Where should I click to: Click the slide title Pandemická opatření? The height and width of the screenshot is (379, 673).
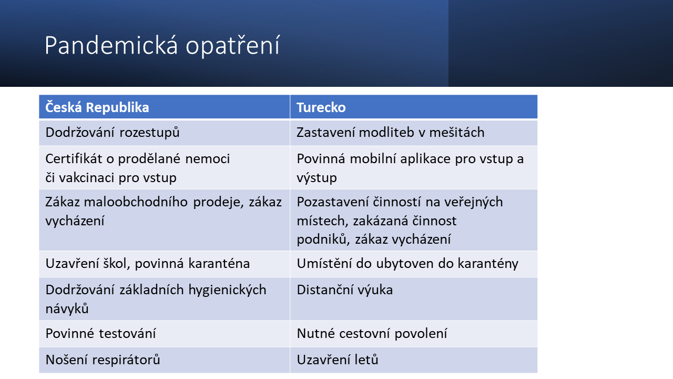pyautogui.click(x=162, y=46)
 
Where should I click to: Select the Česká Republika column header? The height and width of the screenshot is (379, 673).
pyautogui.click(x=97, y=107)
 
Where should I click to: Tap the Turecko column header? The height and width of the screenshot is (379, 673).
pyautogui.click(x=321, y=107)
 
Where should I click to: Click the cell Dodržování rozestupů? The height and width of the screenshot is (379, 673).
pyautogui.click(x=113, y=133)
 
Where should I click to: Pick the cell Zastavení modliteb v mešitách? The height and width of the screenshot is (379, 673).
pyautogui.click(x=390, y=133)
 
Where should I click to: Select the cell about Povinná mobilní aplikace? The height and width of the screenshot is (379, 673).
pyautogui.click(x=410, y=168)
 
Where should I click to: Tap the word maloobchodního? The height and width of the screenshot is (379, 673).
pyautogui.click(x=150, y=202)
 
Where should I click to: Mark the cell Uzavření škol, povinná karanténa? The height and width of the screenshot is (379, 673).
pyautogui.click(x=148, y=263)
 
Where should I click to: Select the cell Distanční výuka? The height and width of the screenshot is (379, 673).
pyautogui.click(x=345, y=290)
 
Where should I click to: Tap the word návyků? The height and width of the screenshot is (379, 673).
pyautogui.click(x=67, y=309)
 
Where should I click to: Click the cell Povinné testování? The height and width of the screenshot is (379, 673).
pyautogui.click(x=100, y=334)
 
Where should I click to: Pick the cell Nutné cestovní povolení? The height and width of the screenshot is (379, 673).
pyautogui.click(x=372, y=334)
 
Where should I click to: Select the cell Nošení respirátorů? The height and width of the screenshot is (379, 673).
pyautogui.click(x=103, y=360)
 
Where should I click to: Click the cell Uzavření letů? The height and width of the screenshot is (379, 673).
pyautogui.click(x=338, y=360)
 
